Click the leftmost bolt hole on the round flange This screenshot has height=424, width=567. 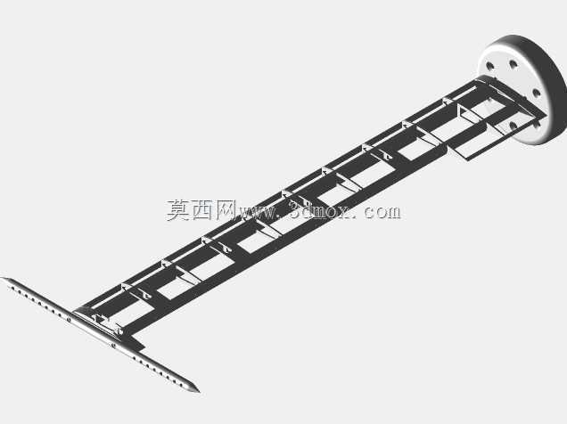tap(490, 67)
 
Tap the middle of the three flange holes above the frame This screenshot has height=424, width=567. tap(514, 65)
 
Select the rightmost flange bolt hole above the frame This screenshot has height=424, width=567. tap(537, 94)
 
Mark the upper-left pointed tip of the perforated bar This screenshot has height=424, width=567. tap(2, 278)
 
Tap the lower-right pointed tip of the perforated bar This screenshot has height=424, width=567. tap(198, 391)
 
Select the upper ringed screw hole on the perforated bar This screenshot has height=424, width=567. tap(69, 319)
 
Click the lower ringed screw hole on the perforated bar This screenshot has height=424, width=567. tap(113, 346)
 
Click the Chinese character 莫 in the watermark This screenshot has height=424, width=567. tap(178, 210)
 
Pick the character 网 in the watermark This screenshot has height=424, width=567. tap(226, 210)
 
